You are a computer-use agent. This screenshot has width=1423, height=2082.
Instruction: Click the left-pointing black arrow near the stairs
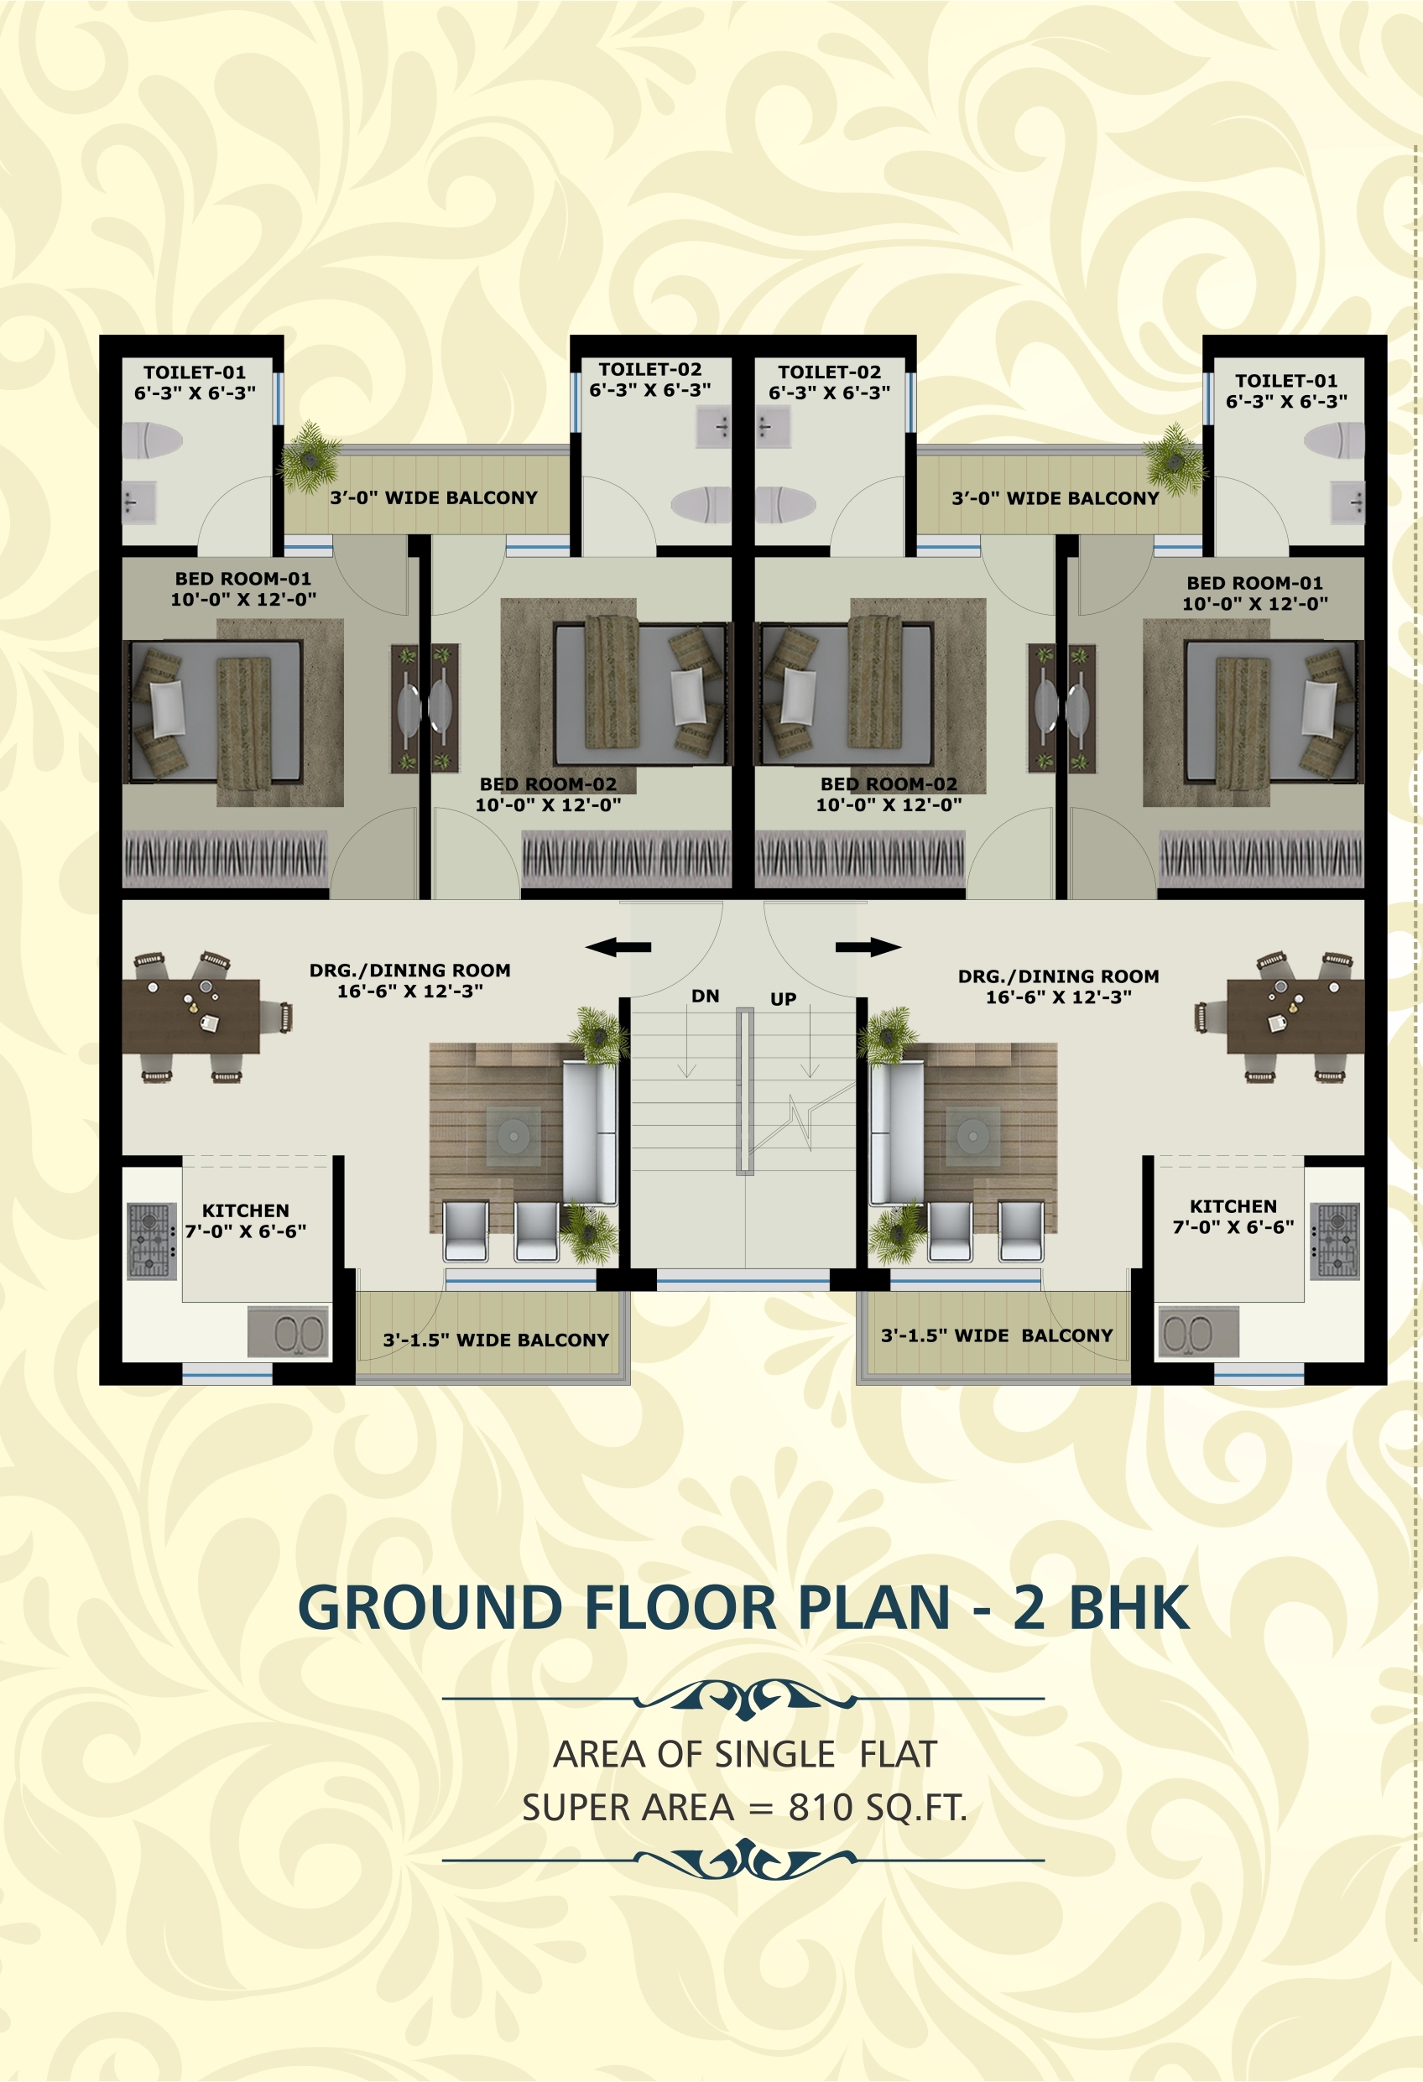coord(618,947)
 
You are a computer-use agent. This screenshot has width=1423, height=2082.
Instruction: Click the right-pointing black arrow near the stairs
coord(868,947)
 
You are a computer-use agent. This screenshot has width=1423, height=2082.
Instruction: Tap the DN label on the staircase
coord(706,996)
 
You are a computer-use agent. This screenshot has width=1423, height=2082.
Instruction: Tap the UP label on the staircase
coord(783,999)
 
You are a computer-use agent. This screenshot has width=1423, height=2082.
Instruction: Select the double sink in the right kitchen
coord(1198,1332)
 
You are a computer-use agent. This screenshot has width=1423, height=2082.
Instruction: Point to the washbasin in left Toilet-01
coord(139,503)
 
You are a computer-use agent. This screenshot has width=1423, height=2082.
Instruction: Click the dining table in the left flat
coord(190,1017)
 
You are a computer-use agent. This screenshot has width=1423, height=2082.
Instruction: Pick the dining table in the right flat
coord(1295,1017)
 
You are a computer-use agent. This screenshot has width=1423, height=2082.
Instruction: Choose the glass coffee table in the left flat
coord(513,1137)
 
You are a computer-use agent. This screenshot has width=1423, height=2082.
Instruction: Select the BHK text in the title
coord(1129,1608)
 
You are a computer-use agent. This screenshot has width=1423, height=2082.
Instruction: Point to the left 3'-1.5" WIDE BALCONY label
coord(496,1340)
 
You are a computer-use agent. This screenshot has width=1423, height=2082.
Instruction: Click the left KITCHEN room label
coord(246,1210)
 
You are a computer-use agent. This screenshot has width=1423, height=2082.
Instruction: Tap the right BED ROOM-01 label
coord(1254,583)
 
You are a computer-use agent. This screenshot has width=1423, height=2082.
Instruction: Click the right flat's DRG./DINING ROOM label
coord(1058,976)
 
